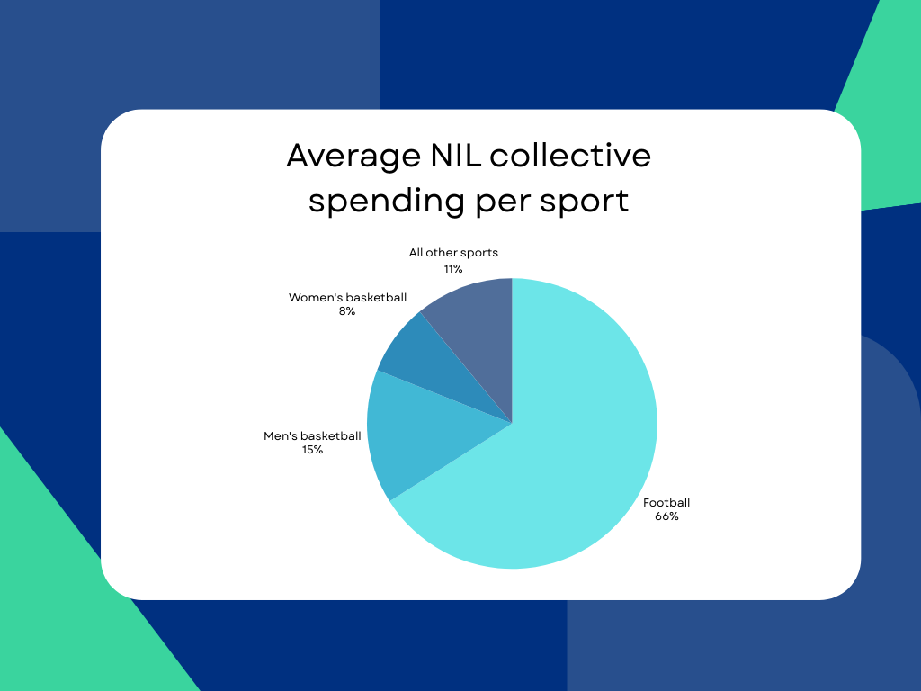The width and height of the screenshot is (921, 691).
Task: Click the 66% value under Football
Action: point(666,516)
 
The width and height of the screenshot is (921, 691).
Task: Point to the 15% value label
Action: point(312,450)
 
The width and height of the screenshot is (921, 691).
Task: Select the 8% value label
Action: point(347,311)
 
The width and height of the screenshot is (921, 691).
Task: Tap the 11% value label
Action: point(453,269)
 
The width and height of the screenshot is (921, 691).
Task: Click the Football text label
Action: point(666,502)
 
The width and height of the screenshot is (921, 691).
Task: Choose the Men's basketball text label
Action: point(312,436)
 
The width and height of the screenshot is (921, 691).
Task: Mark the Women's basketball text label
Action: point(347,297)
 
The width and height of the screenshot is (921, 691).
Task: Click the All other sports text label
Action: point(453,253)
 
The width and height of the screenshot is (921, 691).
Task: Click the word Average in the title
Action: point(353,157)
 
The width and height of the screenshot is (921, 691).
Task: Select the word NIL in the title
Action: point(455,155)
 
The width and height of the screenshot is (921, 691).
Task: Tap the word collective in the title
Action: point(570,155)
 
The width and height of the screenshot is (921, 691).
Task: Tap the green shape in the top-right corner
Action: point(884,118)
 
